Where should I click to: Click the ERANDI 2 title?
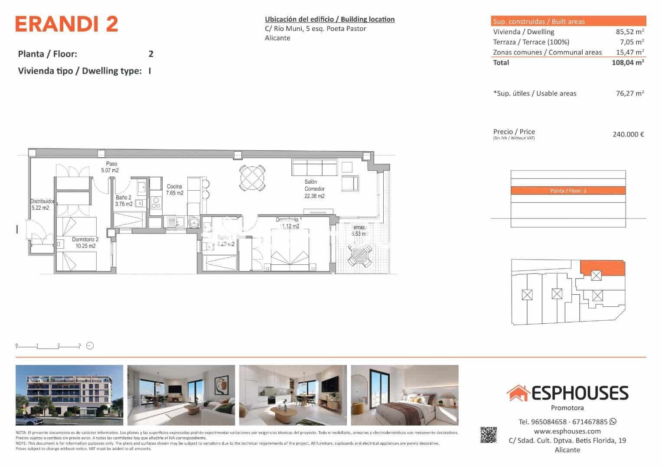tap(67, 24)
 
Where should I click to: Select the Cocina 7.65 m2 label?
tap(175, 190)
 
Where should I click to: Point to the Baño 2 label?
tap(124, 201)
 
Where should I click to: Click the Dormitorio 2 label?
tap(85, 243)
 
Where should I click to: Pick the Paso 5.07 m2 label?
tap(110, 167)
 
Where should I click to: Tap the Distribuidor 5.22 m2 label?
tap(42, 205)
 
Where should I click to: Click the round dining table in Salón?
tap(252, 178)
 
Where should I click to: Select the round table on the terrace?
tap(360, 255)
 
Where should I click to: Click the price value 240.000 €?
tap(628, 134)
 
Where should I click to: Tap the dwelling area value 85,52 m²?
tap(629, 32)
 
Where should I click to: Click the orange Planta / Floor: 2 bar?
tap(568, 191)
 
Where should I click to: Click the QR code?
tap(489, 435)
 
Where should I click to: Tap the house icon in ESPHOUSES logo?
tap(518, 393)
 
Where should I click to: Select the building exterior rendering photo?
tap(69, 395)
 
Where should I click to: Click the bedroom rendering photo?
tap(404, 395)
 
